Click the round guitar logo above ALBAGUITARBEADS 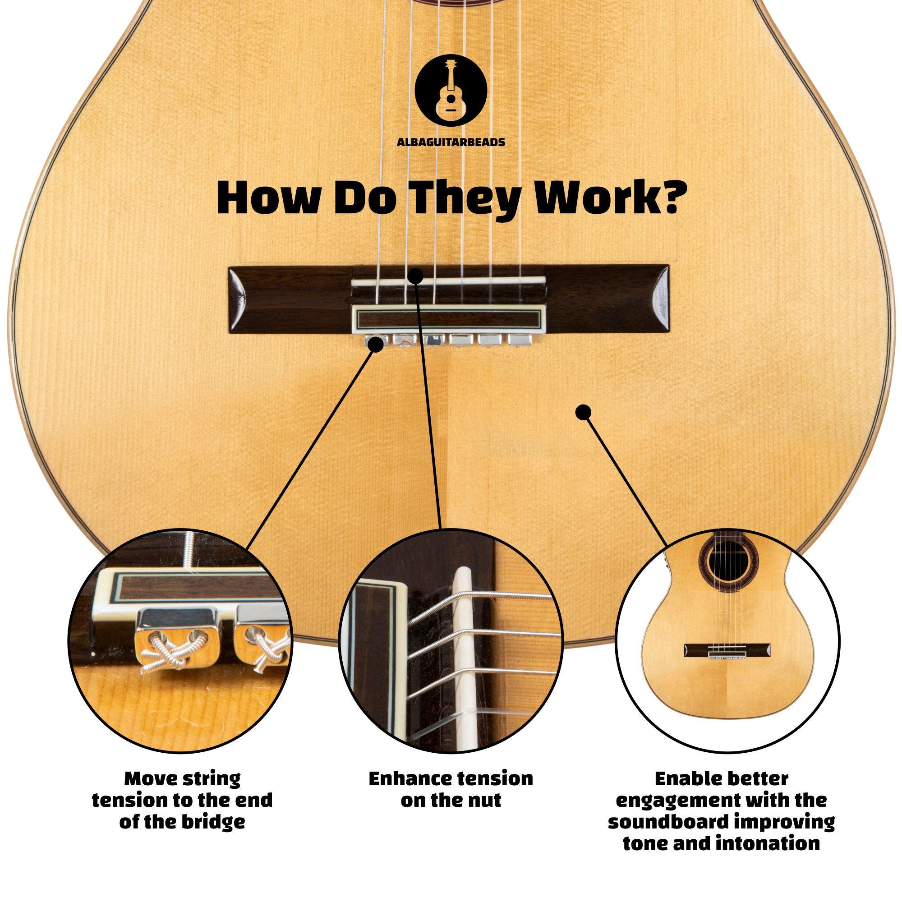click(451, 93)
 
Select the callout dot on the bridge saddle click(414, 276)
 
